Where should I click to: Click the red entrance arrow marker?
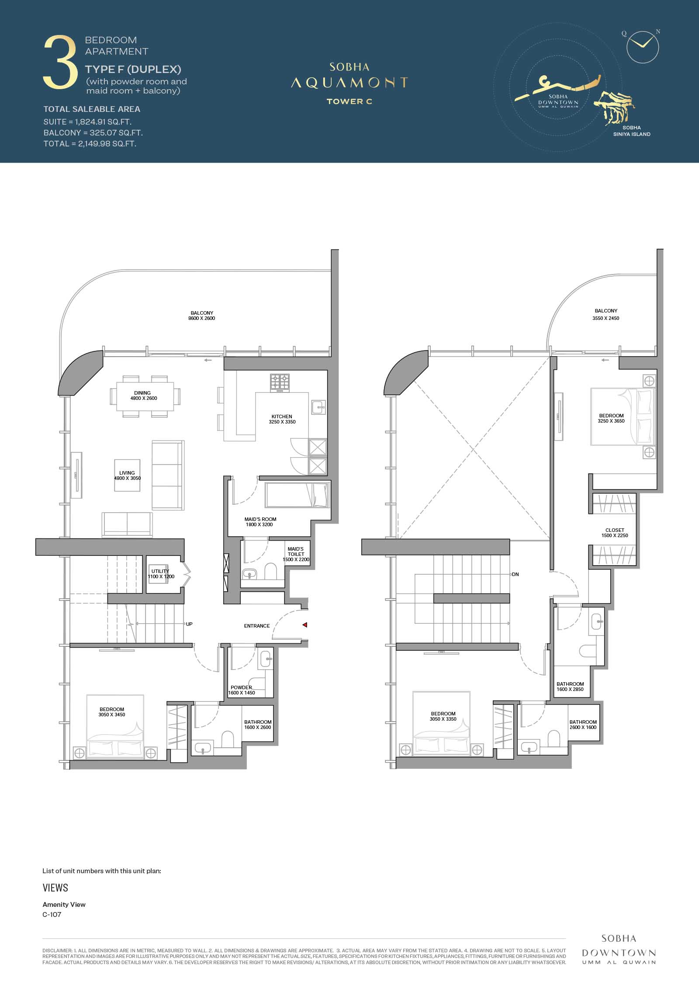click(x=305, y=625)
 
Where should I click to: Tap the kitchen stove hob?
click(x=280, y=382)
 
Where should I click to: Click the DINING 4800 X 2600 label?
click(x=143, y=396)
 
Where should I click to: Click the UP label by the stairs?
click(x=189, y=624)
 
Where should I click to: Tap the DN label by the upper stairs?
click(x=516, y=574)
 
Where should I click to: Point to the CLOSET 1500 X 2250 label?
click(x=615, y=533)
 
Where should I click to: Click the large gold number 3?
click(x=60, y=62)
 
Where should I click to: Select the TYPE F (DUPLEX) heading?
click(x=133, y=69)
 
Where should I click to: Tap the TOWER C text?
click(x=349, y=101)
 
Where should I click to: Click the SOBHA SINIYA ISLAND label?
click(x=632, y=131)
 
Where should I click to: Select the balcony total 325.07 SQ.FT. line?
click(x=93, y=132)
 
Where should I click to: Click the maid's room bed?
click(x=297, y=495)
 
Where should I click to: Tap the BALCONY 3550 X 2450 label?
click(x=606, y=314)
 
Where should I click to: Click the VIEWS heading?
click(x=55, y=888)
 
